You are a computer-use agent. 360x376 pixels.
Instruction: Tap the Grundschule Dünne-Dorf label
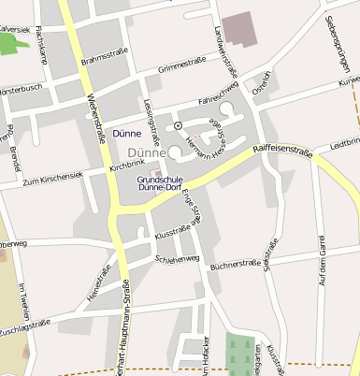[159, 182]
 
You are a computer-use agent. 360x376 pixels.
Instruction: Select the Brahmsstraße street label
[104, 58]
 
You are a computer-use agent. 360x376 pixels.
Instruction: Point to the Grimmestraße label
[181, 65]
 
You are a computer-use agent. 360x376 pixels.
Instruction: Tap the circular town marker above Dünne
[178, 125]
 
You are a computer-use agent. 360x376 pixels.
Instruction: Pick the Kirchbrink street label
[128, 165]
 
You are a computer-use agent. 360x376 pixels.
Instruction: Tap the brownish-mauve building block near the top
[241, 28]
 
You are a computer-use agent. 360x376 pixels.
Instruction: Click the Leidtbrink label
[345, 143]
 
